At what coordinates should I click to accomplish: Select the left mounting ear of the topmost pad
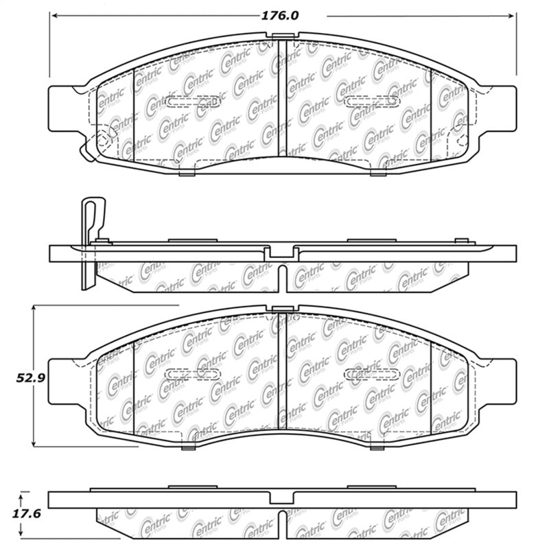[x=62, y=108]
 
